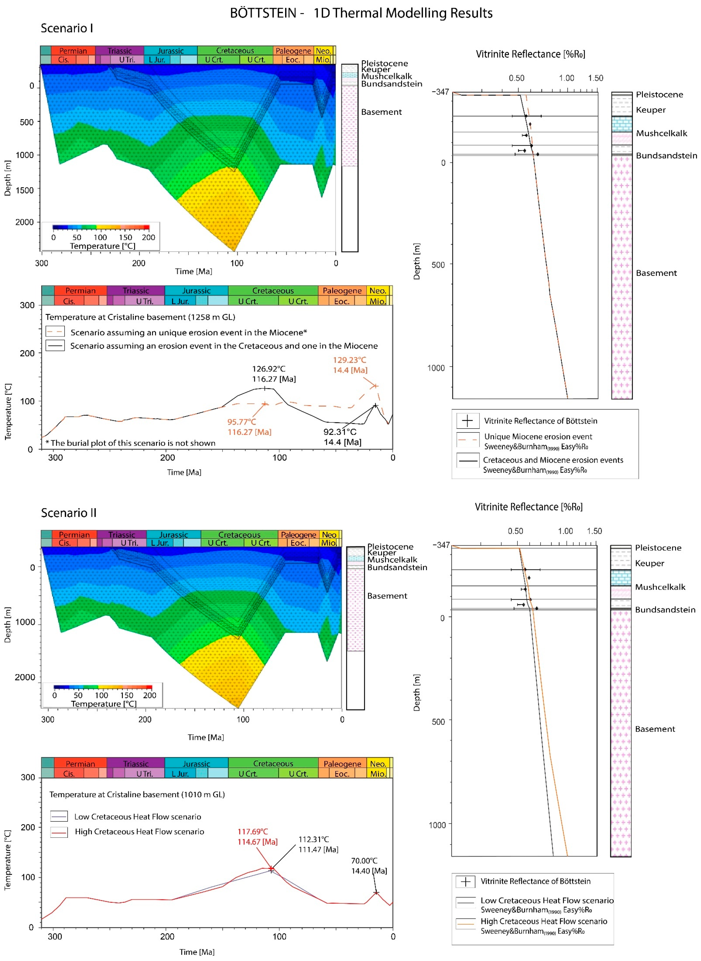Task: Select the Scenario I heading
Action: click(67, 28)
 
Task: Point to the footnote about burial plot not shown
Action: click(130, 443)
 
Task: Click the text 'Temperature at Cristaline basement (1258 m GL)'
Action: click(140, 317)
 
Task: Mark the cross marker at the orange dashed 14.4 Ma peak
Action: click(375, 386)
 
